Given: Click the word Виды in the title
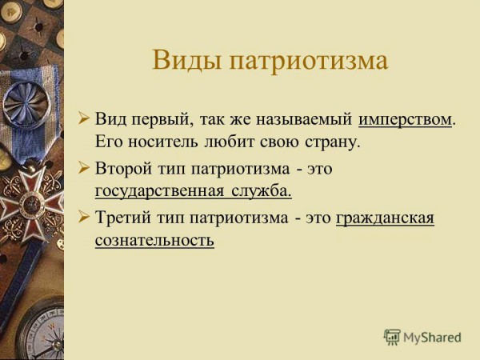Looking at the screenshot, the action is pos(187,59).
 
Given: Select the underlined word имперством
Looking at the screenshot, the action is pos(405,119).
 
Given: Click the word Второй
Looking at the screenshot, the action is pos(123,168).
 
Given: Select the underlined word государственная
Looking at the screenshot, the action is pos(159,191).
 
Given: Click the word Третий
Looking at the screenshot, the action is pos(123,218).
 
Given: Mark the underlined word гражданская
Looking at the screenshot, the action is pos(385,218).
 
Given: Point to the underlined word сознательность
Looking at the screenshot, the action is pos(154,240).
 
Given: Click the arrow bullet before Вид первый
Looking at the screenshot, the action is pos(83,118).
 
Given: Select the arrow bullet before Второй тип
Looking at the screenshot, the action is pos(83,167).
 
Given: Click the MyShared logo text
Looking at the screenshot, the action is pos(432,337).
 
